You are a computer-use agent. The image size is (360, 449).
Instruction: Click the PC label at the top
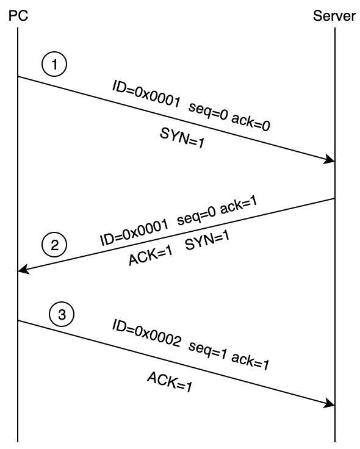tap(18, 16)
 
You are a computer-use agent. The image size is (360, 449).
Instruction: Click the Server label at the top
tap(334, 16)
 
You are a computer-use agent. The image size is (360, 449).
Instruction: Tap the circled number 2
tap(54, 246)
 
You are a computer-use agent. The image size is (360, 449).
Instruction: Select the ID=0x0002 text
tap(146, 334)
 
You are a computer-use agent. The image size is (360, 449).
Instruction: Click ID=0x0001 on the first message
tap(146, 93)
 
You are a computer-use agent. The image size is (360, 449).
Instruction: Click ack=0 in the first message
tap(250, 121)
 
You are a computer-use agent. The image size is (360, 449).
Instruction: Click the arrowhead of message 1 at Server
tap(331, 160)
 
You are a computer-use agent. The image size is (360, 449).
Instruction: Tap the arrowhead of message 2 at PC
tap(23, 270)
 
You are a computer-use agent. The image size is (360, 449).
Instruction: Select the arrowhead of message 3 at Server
tap(331, 403)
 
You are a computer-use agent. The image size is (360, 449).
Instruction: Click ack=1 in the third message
tap(250, 362)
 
